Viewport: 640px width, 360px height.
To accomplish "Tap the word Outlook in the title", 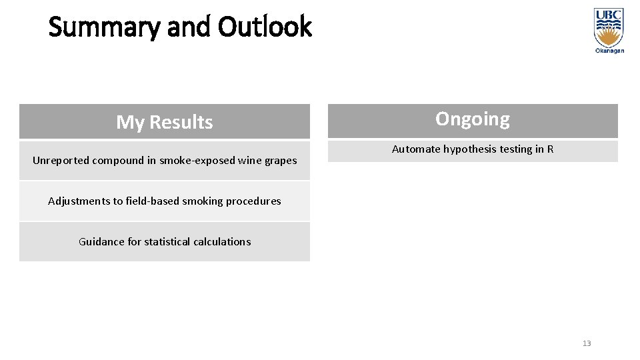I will (265, 27).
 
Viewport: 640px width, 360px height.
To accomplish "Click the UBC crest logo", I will (609, 27).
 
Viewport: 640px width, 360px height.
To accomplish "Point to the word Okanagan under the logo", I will (609, 51).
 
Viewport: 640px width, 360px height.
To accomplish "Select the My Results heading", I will (165, 122).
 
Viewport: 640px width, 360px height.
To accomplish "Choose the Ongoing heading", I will (473, 119).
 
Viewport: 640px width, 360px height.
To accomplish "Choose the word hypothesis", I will (469, 149).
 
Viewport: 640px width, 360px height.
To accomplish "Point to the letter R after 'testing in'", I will (550, 149).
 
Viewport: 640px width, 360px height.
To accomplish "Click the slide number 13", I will (587, 343).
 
